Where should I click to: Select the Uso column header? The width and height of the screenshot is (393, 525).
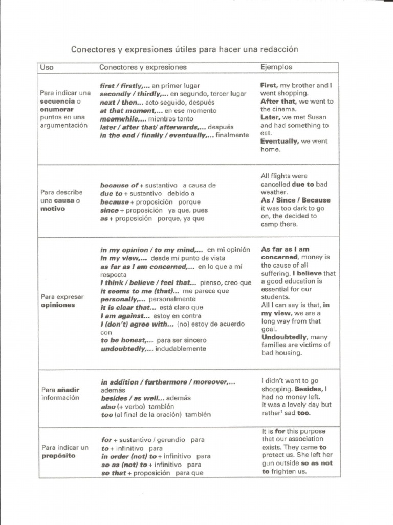tap(47, 67)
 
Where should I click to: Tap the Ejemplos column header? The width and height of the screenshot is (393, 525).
tap(276, 67)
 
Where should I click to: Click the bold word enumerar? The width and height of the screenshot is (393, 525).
tap(57, 109)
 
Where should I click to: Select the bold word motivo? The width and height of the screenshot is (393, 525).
tap(53, 209)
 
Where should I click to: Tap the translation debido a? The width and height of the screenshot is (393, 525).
tap(181, 194)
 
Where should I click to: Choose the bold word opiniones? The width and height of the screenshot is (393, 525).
tap(58, 305)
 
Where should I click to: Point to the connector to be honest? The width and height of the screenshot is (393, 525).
tap(126, 340)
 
